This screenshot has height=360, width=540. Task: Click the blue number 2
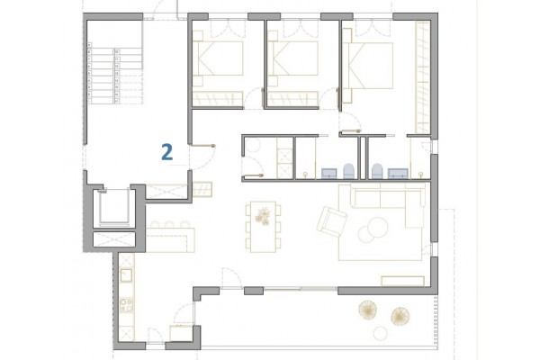tap(167, 153)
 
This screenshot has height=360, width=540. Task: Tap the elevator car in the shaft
tap(114, 206)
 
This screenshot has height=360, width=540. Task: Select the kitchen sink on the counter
tap(126, 274)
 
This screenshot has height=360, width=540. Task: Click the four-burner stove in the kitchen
tap(126, 305)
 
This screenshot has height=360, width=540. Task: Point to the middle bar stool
tap(169, 224)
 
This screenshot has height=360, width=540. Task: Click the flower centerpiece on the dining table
tap(263, 216)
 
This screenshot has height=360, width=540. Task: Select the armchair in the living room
tap(331, 221)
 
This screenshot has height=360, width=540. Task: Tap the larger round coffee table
tap(377, 227)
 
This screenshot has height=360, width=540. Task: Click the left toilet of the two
tap(349, 171)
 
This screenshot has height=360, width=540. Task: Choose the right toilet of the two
tap(377, 171)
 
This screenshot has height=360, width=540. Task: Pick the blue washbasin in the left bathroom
tap(328, 174)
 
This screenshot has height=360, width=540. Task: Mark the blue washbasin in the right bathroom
tap(398, 174)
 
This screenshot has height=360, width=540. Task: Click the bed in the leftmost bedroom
tap(218, 58)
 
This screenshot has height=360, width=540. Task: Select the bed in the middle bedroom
tap(292, 58)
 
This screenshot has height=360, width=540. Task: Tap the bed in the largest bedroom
tap(368, 66)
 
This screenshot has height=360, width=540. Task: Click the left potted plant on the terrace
tap(368, 310)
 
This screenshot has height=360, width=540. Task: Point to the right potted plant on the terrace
tap(400, 316)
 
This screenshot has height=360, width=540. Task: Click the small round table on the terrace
tap(381, 334)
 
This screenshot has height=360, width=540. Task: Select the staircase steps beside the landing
tap(115, 73)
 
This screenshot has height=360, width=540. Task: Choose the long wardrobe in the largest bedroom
tap(423, 77)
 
